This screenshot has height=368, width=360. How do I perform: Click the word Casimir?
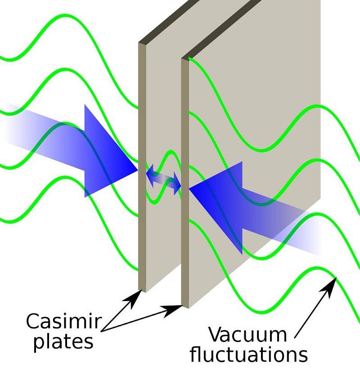pyautogui.click(x=63, y=321)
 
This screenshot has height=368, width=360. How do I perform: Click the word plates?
pyautogui.click(x=63, y=342)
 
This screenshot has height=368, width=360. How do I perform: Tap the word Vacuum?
pyautogui.click(x=248, y=334)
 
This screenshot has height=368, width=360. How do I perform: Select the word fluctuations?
pyautogui.click(x=249, y=354)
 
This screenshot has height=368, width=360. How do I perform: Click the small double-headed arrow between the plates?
pyautogui.click(x=164, y=180)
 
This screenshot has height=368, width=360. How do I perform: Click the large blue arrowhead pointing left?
pyautogui.click(x=216, y=208)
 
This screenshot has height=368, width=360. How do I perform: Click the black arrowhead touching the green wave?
pyautogui.click(x=329, y=287)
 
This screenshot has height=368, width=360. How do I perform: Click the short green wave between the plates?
pyautogui.click(x=164, y=175)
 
